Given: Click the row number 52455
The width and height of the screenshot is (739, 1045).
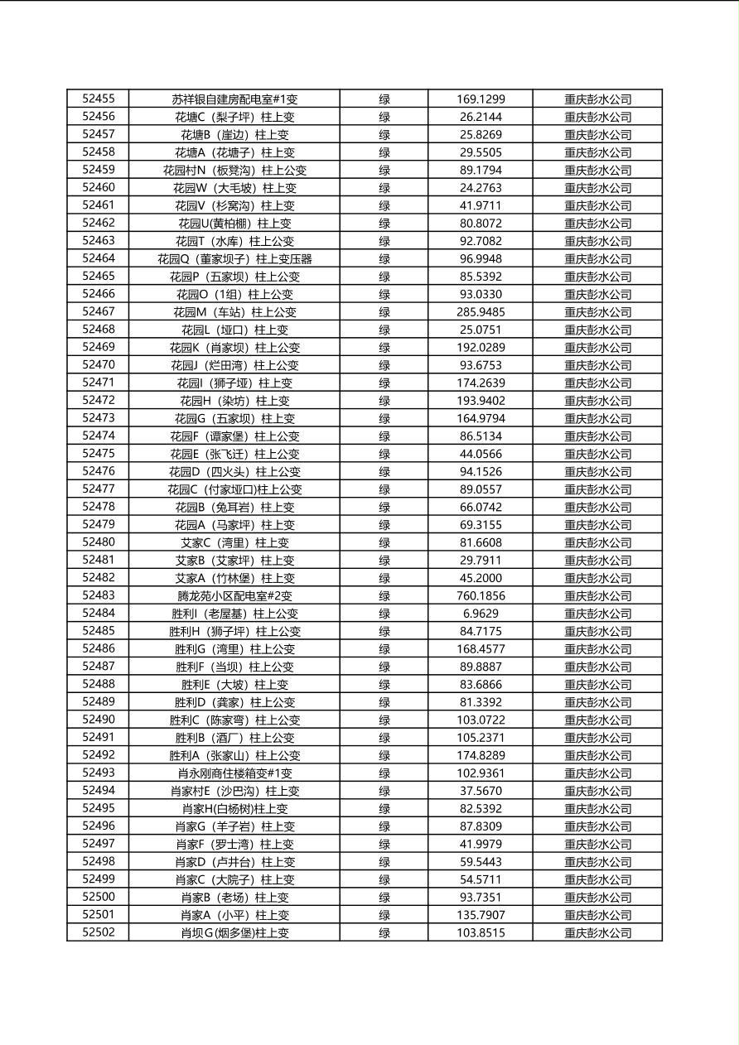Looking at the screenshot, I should click(x=99, y=99).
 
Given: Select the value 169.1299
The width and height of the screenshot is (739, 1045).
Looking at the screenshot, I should click(x=481, y=99).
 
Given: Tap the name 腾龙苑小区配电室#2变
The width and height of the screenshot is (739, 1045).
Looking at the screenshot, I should click(x=234, y=596).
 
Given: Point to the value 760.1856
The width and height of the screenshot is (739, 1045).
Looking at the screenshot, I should click(x=481, y=596).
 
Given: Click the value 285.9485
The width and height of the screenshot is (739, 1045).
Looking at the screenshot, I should click(x=481, y=312).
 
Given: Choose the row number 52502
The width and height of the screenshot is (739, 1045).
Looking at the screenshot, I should click(x=99, y=932).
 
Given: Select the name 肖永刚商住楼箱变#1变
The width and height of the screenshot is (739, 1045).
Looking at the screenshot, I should click(x=234, y=773).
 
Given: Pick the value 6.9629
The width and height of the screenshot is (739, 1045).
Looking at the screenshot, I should click(x=481, y=614).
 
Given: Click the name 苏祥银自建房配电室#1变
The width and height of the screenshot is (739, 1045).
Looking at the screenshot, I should click(x=234, y=99).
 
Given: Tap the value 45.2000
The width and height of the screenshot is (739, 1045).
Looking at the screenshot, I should click(x=481, y=578).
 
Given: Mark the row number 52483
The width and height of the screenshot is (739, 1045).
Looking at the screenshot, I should click(x=99, y=595).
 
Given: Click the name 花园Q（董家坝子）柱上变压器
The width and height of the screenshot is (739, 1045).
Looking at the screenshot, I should click(x=234, y=259).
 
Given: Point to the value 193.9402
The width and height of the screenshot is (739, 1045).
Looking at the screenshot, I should click(x=481, y=401).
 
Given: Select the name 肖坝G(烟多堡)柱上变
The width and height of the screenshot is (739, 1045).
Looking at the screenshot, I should click(x=234, y=933).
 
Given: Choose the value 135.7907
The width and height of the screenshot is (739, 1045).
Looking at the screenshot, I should click(x=481, y=915).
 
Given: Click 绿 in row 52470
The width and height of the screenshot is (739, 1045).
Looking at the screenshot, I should click(x=384, y=365).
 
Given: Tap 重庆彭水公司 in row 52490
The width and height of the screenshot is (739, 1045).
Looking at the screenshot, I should click(x=597, y=720).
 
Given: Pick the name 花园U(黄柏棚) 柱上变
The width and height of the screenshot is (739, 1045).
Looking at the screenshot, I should click(x=234, y=224).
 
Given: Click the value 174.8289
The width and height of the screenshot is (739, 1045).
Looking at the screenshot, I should click(x=481, y=755).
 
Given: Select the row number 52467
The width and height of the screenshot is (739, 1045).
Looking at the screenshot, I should click(x=99, y=311).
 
